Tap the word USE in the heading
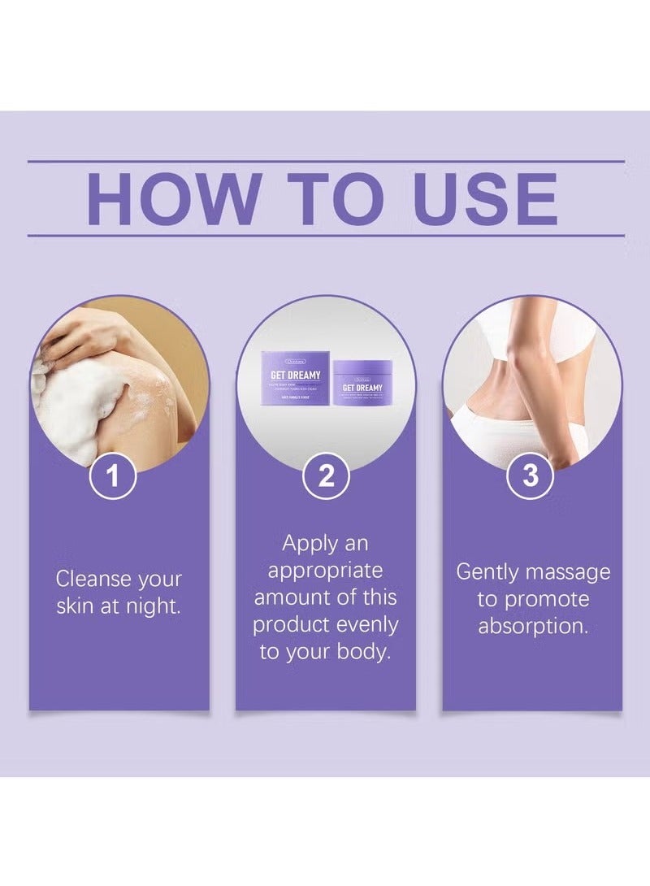(x=485, y=198)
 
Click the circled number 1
(x=112, y=476)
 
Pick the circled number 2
(x=325, y=476)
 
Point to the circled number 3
(x=530, y=476)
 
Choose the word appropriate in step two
(x=325, y=571)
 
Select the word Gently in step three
(x=487, y=571)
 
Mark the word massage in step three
(x=568, y=571)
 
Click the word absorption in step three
(x=532, y=627)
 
